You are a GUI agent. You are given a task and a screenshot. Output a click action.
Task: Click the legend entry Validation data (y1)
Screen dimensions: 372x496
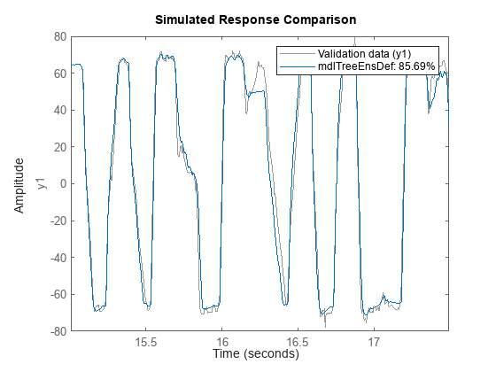coord(360,53)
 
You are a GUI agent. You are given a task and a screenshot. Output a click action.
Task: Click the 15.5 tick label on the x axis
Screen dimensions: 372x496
coord(146,341)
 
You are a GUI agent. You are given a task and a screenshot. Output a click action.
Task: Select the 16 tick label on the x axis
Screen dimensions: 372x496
coord(222,341)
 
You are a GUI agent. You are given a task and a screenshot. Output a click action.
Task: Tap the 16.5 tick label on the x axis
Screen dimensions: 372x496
coord(298,341)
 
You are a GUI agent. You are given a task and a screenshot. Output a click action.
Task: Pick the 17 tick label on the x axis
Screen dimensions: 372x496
coord(374,341)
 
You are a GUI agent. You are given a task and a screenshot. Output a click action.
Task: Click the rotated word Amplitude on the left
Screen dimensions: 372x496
coord(19,184)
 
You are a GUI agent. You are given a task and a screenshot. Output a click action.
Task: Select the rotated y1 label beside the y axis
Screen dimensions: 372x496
coord(39,184)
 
